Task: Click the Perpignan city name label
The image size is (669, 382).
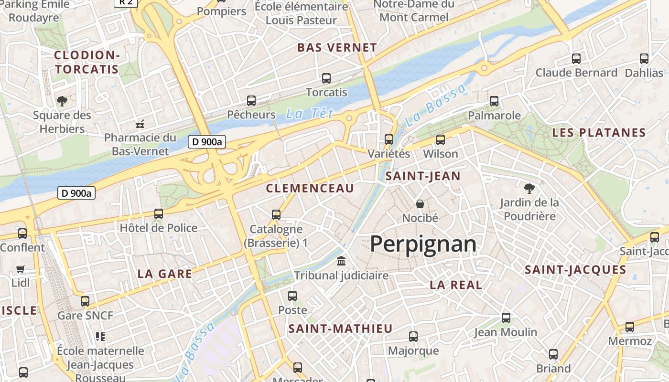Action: (x=423, y=244)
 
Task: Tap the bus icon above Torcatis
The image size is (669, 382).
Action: (x=326, y=78)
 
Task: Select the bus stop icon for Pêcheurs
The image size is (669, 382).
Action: (x=251, y=101)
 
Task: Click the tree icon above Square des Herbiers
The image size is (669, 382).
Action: (x=62, y=101)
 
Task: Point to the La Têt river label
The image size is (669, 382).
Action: (x=309, y=114)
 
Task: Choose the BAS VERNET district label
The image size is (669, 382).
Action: (x=337, y=48)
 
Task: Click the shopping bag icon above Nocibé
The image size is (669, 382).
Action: (x=420, y=204)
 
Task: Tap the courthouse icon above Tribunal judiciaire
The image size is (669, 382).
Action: (x=341, y=261)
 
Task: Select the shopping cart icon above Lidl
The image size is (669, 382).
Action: (x=20, y=269)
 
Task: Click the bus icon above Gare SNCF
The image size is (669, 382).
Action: (x=85, y=301)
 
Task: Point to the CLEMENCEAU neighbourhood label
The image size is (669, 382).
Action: (x=310, y=188)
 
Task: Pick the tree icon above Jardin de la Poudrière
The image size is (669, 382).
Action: (x=529, y=188)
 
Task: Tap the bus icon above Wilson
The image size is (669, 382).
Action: (x=440, y=140)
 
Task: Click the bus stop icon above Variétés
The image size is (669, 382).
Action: (x=389, y=139)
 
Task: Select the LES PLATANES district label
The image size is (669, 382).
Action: (x=599, y=133)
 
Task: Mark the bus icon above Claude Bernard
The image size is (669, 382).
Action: (x=576, y=59)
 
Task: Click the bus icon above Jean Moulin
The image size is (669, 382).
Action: (x=506, y=318)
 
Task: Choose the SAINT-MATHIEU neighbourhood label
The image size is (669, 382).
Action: (x=340, y=329)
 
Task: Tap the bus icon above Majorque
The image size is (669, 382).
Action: (x=413, y=337)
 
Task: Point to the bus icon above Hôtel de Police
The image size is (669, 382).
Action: (x=158, y=214)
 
